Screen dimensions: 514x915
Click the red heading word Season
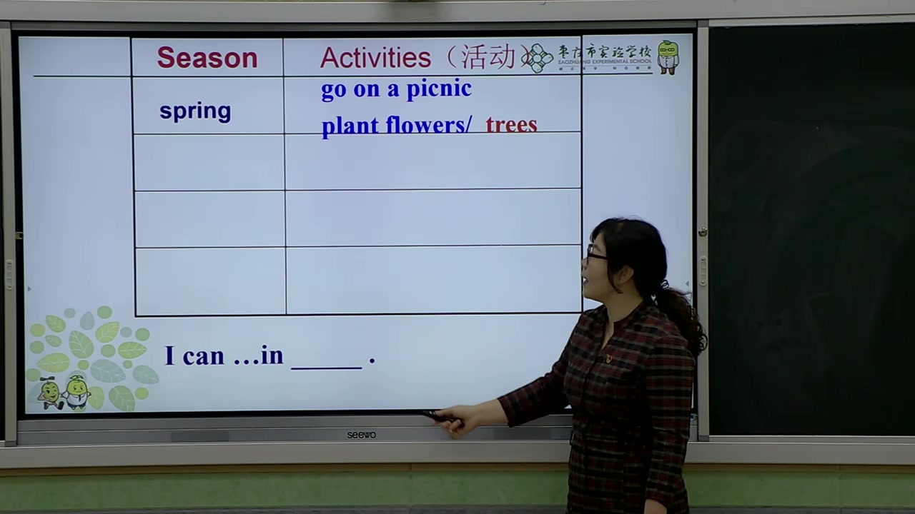coord(207,58)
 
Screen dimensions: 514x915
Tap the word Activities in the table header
coord(375,58)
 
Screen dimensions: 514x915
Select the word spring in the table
coord(195,111)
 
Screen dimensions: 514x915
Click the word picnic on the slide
coord(439,89)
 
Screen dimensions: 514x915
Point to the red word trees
coord(511,125)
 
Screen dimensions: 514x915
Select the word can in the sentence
coord(204,356)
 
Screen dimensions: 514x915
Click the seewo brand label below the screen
coord(361,435)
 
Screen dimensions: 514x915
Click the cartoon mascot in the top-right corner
coord(668,57)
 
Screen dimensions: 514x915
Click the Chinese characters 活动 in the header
coord(488,58)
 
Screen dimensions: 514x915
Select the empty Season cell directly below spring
coord(209,162)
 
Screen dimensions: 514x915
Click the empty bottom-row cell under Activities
coord(433,280)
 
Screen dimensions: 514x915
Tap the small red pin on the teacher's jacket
coord(608,358)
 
